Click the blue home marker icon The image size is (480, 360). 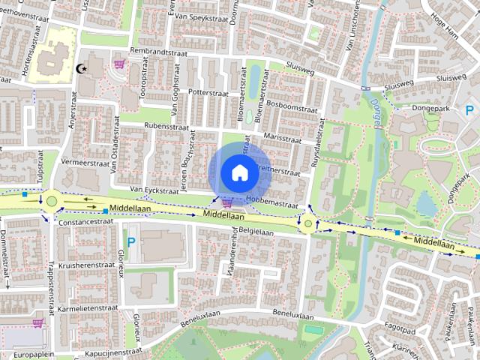(239, 172)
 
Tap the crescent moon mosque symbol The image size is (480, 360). (81, 68)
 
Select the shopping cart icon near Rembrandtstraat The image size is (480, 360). (119, 64)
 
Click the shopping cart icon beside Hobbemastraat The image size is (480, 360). (226, 202)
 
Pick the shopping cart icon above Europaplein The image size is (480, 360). (37, 323)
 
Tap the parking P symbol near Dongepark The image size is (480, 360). (469, 110)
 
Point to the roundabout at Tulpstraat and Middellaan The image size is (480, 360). (51, 200)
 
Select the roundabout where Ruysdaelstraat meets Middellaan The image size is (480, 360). (308, 223)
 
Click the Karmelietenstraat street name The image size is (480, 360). (94, 307)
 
